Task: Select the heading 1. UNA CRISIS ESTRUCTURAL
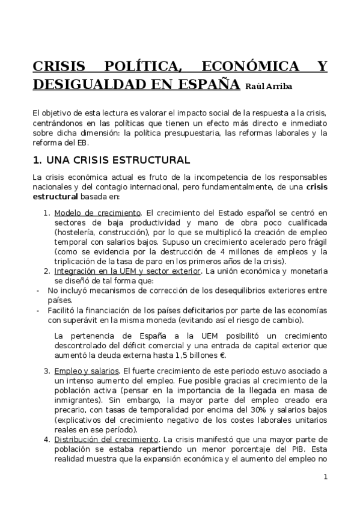click(x=111, y=160)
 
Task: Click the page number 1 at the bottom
click(x=325, y=477)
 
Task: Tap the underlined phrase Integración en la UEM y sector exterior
click(x=126, y=271)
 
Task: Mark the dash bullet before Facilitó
click(x=38, y=310)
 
